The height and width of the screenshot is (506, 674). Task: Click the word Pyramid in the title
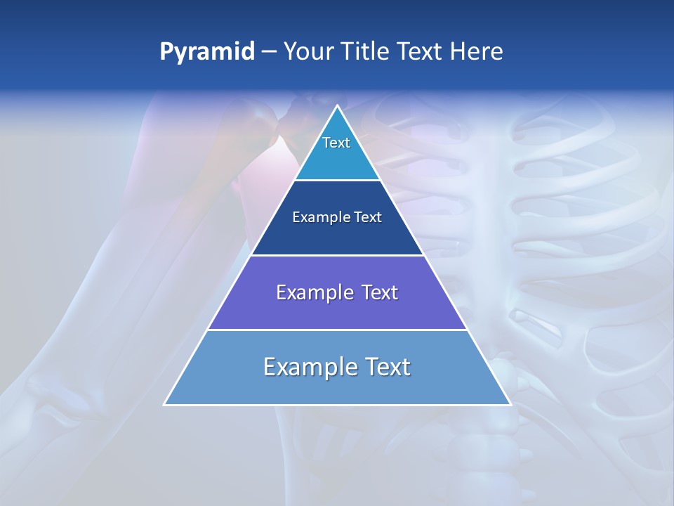pyautogui.click(x=206, y=52)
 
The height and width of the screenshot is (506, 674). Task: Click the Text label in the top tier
pyautogui.click(x=336, y=143)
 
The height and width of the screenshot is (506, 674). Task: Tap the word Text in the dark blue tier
pyautogui.click(x=368, y=218)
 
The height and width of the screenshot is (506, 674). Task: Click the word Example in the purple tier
pyautogui.click(x=312, y=292)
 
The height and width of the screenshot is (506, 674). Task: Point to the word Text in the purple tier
pyautogui.click(x=379, y=292)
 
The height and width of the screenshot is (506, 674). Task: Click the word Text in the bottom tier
pyautogui.click(x=388, y=367)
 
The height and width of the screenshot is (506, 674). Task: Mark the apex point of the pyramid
pyautogui.click(x=337, y=106)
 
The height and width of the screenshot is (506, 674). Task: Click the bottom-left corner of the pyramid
pyautogui.click(x=165, y=404)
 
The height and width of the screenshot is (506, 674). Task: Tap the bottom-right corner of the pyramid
pyautogui.click(x=510, y=404)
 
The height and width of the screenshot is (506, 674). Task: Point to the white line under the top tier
pyautogui.click(x=337, y=181)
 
